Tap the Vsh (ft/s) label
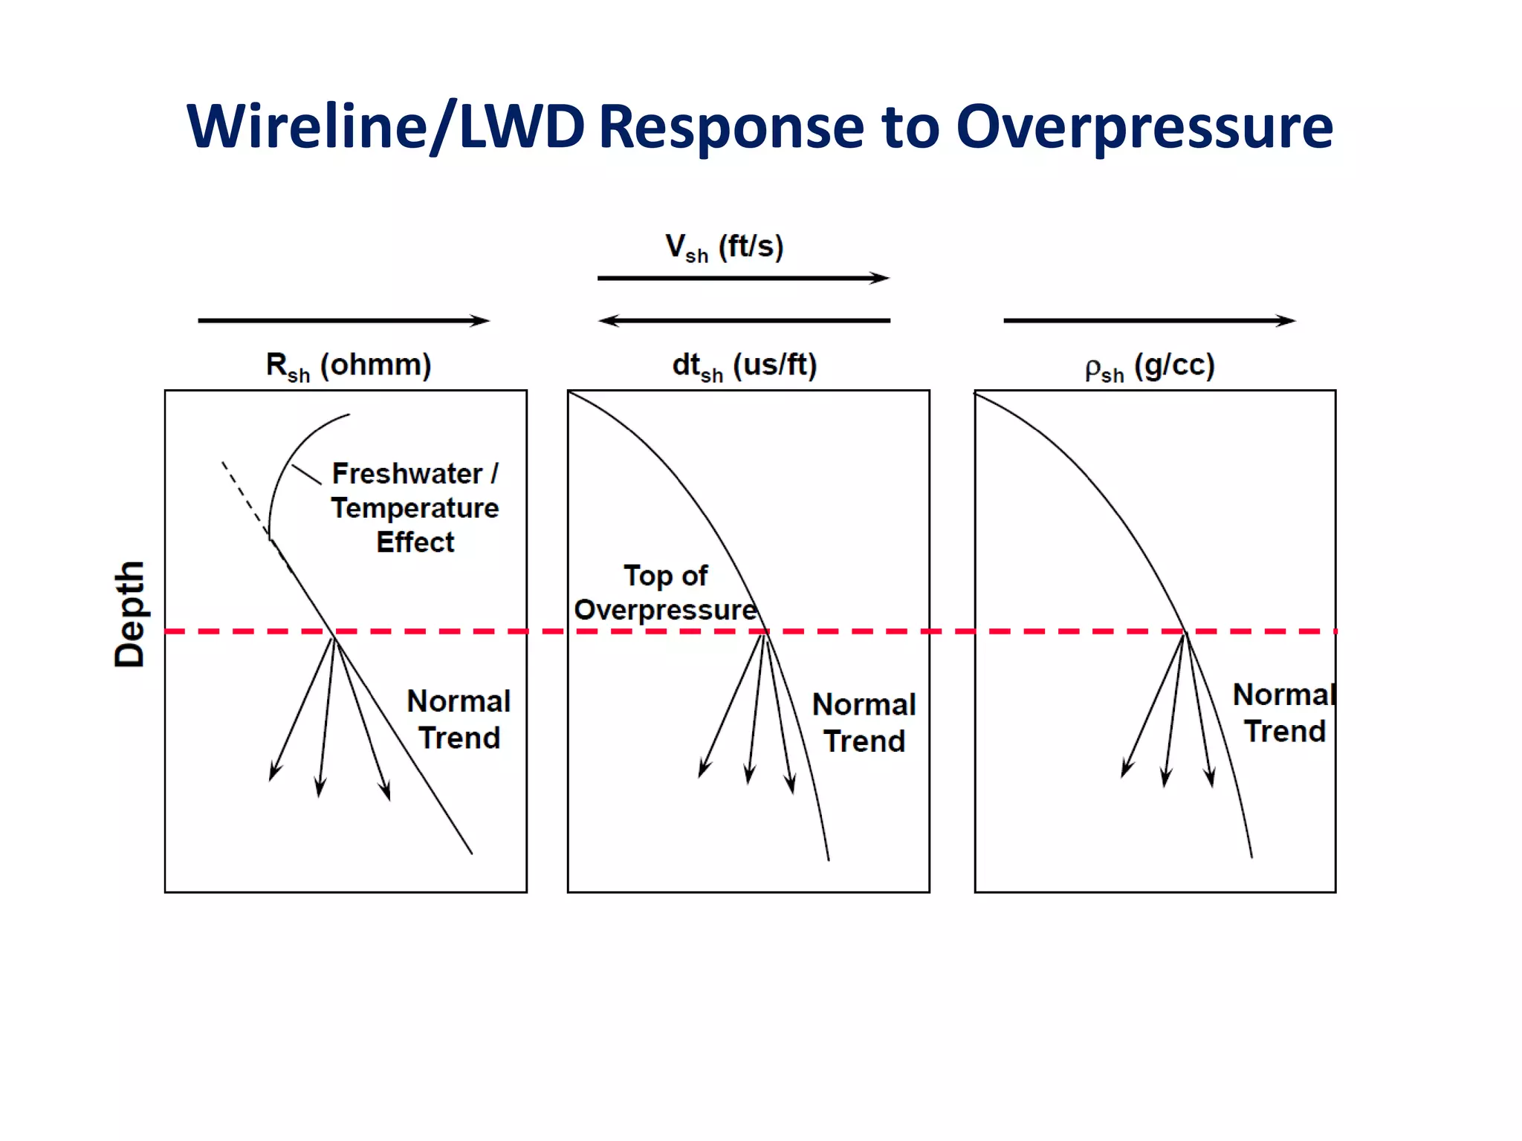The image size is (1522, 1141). point(724,247)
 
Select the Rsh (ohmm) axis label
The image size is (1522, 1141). point(349,365)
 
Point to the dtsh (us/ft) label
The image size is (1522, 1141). point(744,365)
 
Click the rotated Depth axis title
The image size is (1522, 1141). point(129,614)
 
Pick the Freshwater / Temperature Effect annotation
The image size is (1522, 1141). point(415,507)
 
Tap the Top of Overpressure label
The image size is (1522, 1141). point(665,593)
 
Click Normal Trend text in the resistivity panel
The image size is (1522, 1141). point(459,719)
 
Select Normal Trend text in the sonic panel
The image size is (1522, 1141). point(864,722)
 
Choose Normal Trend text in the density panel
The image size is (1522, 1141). point(1283,713)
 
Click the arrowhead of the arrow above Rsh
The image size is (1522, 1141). point(483,321)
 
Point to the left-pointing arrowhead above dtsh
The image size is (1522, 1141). point(605,321)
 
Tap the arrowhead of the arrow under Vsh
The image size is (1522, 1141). point(883,278)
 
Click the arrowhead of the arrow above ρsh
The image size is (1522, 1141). point(1289,321)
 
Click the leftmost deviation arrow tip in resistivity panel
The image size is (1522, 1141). point(271,778)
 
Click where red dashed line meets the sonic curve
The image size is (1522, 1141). point(765,631)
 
